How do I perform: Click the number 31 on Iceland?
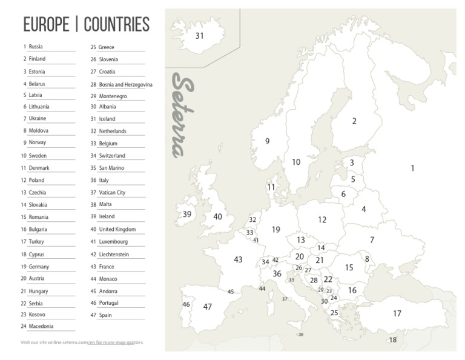pos(200,36)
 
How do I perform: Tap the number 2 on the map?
pos(354,121)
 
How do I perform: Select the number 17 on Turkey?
pos(397,313)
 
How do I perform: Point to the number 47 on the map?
pos(208,307)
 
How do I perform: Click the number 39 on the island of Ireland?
pos(187,214)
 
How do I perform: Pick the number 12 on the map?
pos(322,220)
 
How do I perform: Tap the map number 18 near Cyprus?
pos(392,340)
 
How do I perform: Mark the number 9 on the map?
pos(267,141)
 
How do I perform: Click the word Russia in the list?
pos(36,47)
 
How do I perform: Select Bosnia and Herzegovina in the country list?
pos(125,85)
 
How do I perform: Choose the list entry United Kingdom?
pos(117,230)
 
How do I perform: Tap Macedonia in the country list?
pos(41,326)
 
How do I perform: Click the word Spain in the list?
pos(105,315)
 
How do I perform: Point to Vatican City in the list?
pos(112,193)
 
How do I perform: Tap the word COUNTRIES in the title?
pos(117,24)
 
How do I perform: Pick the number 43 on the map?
pos(238,259)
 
